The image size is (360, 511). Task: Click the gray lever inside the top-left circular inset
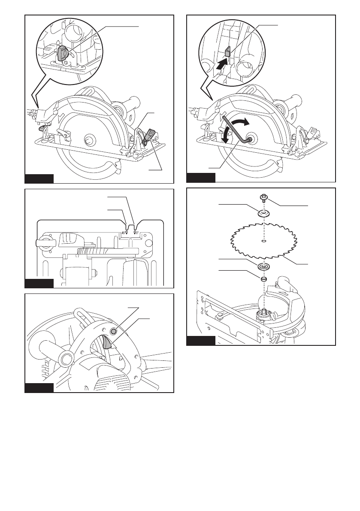coord(63,54)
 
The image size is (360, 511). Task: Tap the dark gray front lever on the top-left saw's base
coord(150,134)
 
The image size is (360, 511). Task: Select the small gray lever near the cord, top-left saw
coord(42,128)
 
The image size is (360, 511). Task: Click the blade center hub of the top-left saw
coord(91,140)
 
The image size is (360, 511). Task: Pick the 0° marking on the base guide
coord(136,232)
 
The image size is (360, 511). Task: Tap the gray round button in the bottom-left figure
coord(114,331)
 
